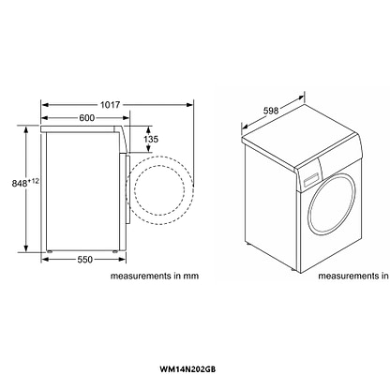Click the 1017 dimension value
click(x=110, y=105)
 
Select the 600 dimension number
click(x=86, y=118)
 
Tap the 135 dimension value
click(x=151, y=139)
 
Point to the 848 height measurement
click(x=20, y=184)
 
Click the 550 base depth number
click(x=85, y=260)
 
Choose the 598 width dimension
click(x=271, y=111)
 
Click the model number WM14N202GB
click(x=187, y=369)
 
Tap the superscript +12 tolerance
click(x=34, y=181)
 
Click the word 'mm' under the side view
click(x=191, y=277)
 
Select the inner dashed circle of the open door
click(x=135, y=190)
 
